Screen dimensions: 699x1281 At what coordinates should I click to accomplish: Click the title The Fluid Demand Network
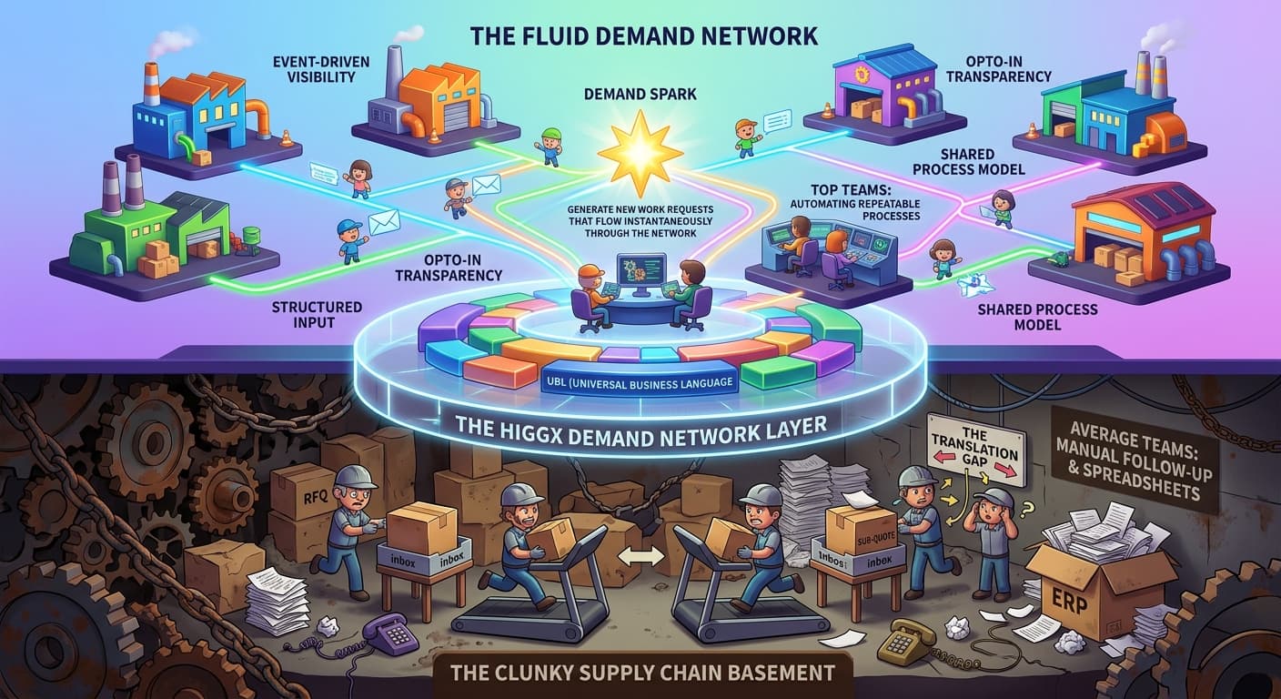pos(644,36)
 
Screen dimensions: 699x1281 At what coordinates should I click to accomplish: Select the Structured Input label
pos(317,315)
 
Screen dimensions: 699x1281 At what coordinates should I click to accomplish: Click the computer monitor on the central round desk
pos(640,272)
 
